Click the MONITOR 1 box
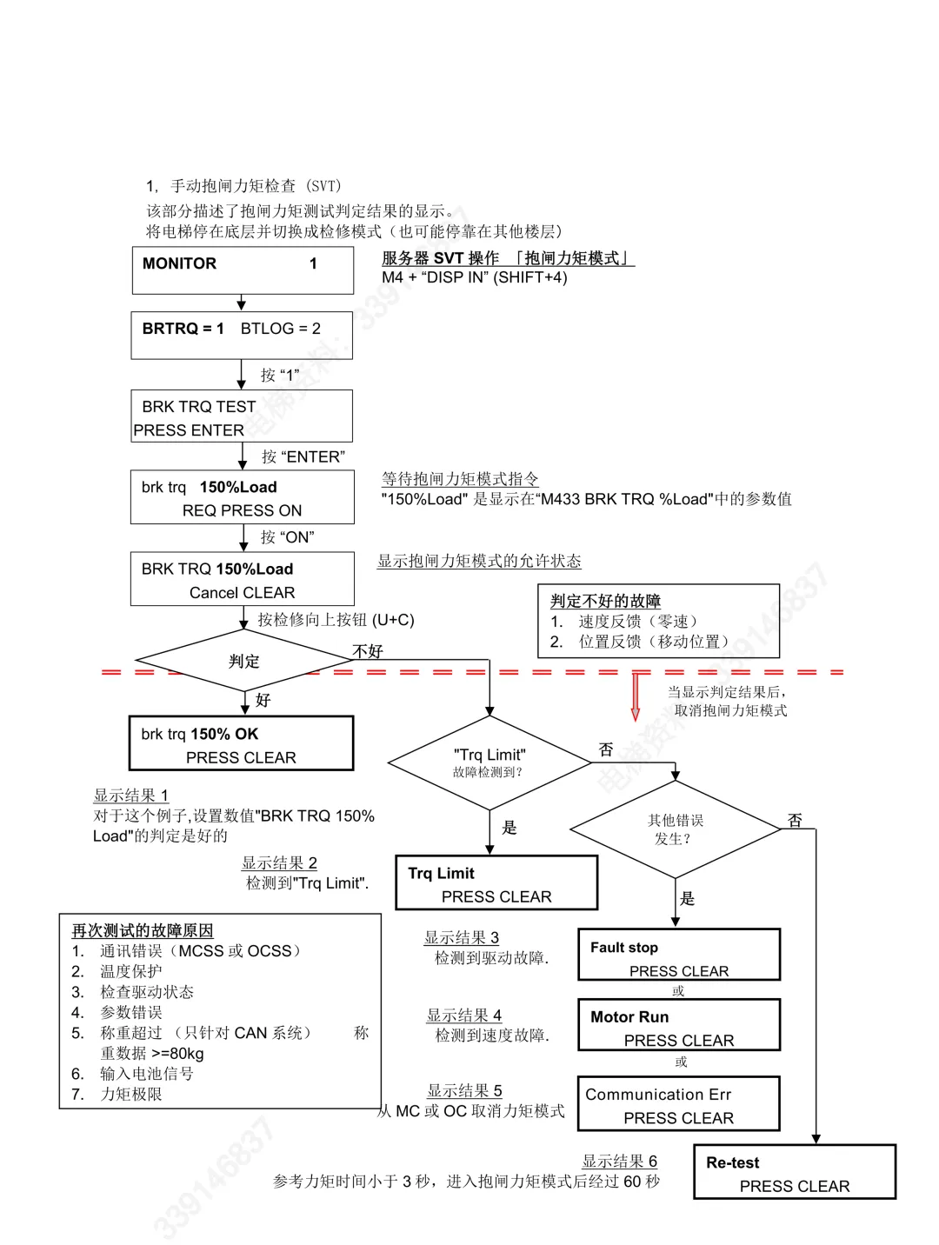(x=243, y=270)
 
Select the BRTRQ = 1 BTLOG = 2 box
(x=242, y=335)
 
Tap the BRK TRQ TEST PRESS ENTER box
(x=242, y=416)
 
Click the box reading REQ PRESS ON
(x=243, y=497)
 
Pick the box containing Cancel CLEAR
(x=243, y=579)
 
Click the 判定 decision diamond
(x=244, y=662)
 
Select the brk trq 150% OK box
(x=242, y=744)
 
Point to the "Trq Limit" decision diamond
(x=489, y=762)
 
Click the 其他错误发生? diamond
(x=675, y=829)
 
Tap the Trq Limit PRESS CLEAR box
(x=496, y=883)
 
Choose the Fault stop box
(x=679, y=955)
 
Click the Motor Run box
(x=679, y=1026)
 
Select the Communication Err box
(x=679, y=1104)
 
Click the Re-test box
(x=795, y=1173)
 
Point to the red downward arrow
(x=636, y=697)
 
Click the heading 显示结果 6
(x=619, y=1162)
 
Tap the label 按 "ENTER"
(x=303, y=456)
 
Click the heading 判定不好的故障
(x=605, y=601)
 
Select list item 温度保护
(x=130, y=971)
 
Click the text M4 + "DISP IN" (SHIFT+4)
(x=475, y=277)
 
